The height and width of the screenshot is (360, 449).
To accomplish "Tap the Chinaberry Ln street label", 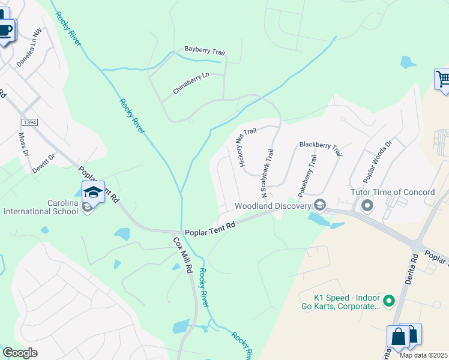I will click(191, 83).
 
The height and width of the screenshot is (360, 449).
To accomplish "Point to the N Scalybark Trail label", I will click(267, 173).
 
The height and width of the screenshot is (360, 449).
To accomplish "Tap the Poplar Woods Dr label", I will click(377, 161).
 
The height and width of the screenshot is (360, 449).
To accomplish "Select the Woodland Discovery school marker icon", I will click(320, 206).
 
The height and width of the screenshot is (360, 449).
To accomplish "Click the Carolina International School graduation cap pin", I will click(93, 192).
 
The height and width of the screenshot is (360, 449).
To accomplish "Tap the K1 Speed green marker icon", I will click(388, 299).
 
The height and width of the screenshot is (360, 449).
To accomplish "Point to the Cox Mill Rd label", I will click(182, 256).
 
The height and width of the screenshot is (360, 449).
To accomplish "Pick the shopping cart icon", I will click(443, 79).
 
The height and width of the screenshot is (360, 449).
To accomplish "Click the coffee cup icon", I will click(6, 30).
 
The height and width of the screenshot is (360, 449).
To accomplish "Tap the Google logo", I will click(20, 353).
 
